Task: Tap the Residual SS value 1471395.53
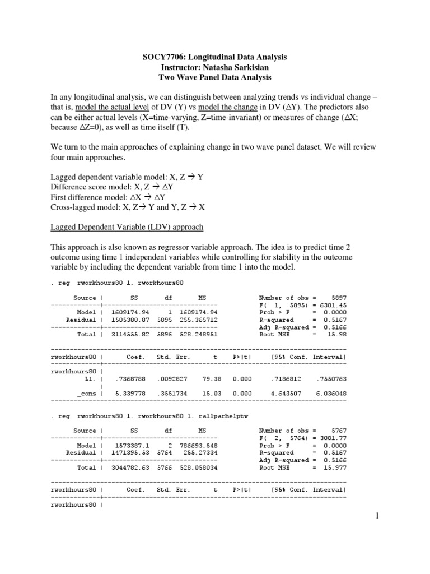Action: coord(132,452)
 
